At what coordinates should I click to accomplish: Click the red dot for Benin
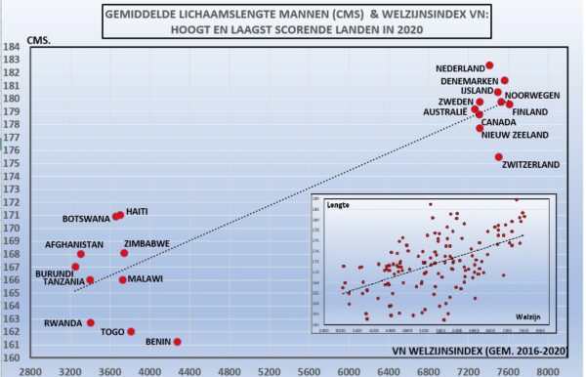pos(177,342)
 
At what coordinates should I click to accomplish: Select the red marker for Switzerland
pos(499,157)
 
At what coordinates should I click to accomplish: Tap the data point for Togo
pos(131,331)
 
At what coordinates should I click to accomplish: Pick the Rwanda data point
pos(91,322)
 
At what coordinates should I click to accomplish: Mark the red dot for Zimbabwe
pos(124,253)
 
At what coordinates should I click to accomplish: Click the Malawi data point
pos(123,279)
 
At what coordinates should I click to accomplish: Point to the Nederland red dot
pos(489,65)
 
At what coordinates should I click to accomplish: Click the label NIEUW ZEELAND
pos(516,136)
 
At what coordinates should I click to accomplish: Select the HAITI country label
pos(137,211)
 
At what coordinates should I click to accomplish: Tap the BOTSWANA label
pos(86,219)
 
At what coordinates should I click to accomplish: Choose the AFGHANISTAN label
pos(74,244)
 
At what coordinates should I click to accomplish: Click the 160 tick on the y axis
pos(13,357)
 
